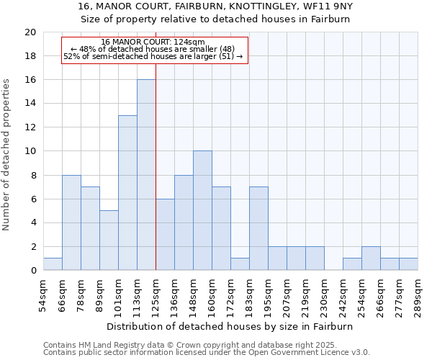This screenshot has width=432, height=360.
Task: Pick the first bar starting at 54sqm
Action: (53, 264)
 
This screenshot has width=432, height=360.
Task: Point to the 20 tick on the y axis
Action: (30, 32)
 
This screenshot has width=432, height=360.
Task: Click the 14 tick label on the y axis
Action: (30, 104)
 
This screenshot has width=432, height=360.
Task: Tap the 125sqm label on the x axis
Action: (156, 294)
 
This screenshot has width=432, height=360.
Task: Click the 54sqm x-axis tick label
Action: (44, 294)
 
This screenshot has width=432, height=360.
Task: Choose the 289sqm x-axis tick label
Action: (418, 294)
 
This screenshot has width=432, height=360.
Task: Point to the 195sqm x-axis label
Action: (269, 294)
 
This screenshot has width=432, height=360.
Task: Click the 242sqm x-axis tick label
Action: (343, 294)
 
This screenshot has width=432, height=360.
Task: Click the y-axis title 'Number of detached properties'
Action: (7, 154)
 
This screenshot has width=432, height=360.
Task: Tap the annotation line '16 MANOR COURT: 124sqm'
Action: (153, 42)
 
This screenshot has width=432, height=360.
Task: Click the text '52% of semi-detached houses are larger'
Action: (147, 56)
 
